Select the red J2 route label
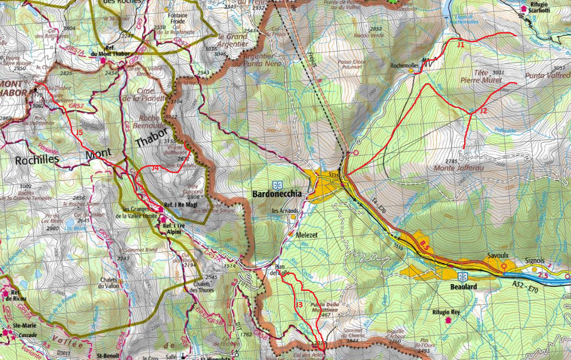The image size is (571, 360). pos(483,110)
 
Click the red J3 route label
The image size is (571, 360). pos(298,305)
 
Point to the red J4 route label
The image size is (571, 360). pos(155,168)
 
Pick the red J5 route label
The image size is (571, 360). pos(79,132)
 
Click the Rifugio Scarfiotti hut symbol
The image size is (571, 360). pos(524,9)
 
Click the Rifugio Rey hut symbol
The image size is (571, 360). pos(448,319)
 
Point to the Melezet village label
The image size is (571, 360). pos(307,234)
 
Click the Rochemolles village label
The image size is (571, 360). pos(404,66)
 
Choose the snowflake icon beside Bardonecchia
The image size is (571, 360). pos(278,185)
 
